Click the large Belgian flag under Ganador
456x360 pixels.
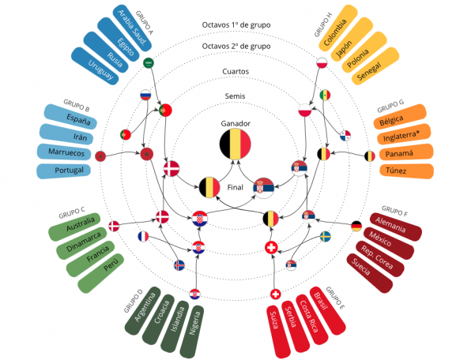[x=235, y=144]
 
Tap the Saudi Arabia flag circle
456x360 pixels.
[x=149, y=62]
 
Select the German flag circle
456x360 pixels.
[x=356, y=226]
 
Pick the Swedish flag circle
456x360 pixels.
[x=325, y=237]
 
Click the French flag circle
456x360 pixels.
[x=143, y=237]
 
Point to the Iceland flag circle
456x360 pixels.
[x=179, y=265]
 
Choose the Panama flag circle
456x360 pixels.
[x=345, y=135]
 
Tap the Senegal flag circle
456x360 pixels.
[x=325, y=95]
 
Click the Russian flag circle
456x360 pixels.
[x=145, y=95]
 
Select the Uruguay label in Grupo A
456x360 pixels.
[x=100, y=69]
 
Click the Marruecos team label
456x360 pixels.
[x=66, y=152]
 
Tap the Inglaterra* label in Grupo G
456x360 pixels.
[x=401, y=136]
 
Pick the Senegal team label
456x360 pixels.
[x=369, y=72]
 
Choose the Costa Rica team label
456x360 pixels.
[x=308, y=316]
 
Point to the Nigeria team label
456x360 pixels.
[x=195, y=323]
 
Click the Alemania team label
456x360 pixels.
[x=390, y=224]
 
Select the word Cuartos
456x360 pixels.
[x=236, y=72]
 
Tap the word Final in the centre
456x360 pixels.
[x=235, y=187]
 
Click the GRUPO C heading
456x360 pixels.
[x=72, y=213]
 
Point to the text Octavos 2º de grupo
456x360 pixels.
[x=236, y=47]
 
